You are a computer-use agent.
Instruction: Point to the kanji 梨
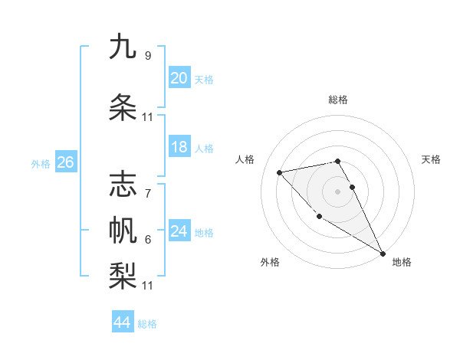[123, 273]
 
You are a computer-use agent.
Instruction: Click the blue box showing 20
[179, 78]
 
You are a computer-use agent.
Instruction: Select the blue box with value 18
[179, 147]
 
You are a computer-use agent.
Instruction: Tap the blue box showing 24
[179, 231]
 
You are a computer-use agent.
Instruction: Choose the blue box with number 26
[65, 162]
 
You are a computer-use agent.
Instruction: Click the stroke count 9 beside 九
[147, 55]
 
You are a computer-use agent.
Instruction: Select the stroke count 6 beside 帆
[147, 240]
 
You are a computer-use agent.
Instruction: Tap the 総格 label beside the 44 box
[147, 324]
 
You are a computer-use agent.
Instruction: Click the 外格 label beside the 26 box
[41, 163]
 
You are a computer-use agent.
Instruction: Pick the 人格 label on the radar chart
[245, 159]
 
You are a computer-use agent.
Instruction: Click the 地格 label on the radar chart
[402, 262]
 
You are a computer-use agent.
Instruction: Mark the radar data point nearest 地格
[383, 254]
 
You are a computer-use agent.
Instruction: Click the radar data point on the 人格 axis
[280, 172]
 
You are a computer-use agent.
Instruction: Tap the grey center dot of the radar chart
[337, 191]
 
